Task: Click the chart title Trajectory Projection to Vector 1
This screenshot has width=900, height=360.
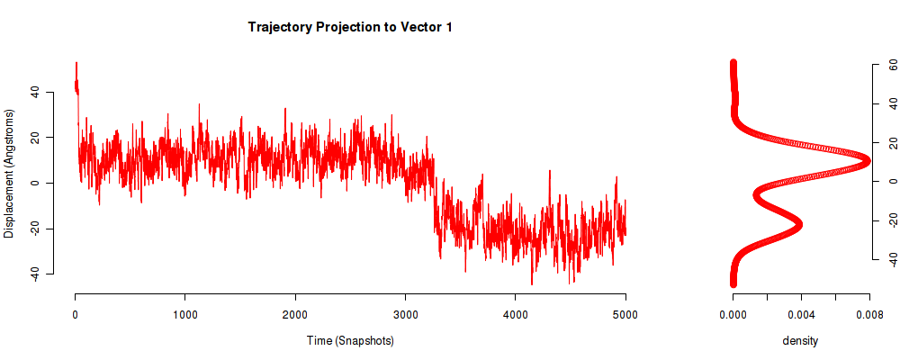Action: coord(350,28)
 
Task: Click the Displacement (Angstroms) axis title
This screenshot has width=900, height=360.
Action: coord(9,174)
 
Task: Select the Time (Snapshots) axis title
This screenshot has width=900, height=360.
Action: coord(350,341)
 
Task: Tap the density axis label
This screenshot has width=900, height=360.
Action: coord(800,341)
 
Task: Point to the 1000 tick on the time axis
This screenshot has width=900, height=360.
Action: coord(184,314)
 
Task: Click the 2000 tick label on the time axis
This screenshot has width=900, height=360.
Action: coord(295,314)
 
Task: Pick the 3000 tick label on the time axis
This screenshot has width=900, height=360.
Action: coord(405,314)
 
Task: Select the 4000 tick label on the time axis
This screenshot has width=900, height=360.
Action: coord(515,314)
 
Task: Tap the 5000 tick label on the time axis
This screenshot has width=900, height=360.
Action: coord(625,314)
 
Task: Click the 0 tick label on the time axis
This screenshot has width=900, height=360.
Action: coord(75,314)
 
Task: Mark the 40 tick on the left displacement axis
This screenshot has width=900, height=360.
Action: coord(33,92)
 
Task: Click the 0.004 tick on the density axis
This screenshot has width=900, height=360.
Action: coord(801,314)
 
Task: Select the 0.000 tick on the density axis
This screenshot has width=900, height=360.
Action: coord(733,314)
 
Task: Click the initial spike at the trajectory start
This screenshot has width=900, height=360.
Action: coord(76,65)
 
